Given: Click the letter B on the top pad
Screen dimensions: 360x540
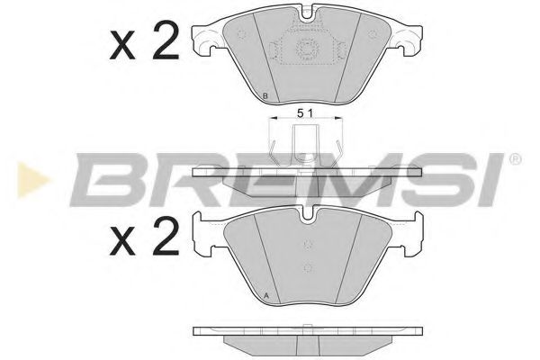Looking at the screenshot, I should tap(264, 96).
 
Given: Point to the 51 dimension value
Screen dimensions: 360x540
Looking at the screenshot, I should tap(305, 112).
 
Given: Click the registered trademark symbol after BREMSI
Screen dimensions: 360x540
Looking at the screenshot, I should tap(514, 158).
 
